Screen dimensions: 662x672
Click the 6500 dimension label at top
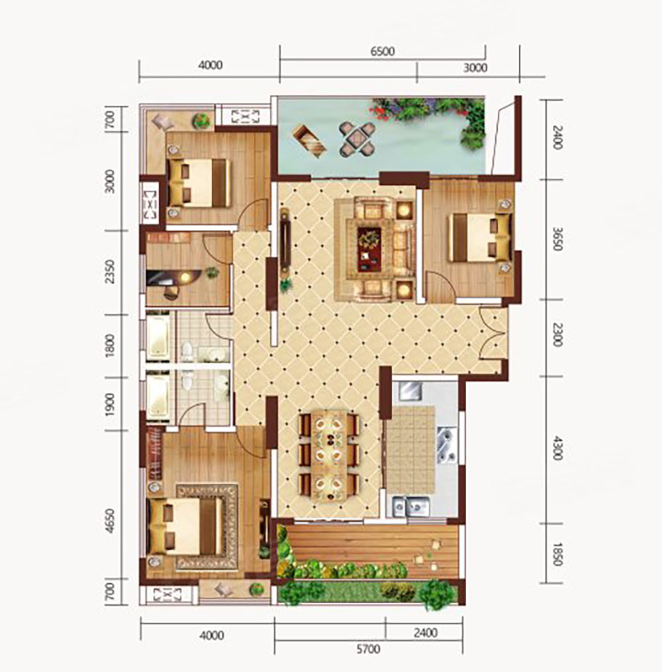[x=383, y=52]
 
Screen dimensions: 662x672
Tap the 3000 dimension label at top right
[x=475, y=68]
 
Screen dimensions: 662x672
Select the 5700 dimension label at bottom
[x=368, y=649]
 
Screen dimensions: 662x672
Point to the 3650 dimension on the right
[x=557, y=239]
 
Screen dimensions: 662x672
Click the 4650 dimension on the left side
[x=111, y=521]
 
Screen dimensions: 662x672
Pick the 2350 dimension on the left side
[x=111, y=271]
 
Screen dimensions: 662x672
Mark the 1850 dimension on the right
[x=557, y=554]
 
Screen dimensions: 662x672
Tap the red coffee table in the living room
[x=369, y=249]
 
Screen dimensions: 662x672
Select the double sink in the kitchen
[x=411, y=507]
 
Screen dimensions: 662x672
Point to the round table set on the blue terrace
[x=357, y=139]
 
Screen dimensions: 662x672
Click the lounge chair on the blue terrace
[x=310, y=140]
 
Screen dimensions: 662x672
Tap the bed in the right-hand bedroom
[x=480, y=238]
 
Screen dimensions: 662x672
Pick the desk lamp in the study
[x=185, y=277]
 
